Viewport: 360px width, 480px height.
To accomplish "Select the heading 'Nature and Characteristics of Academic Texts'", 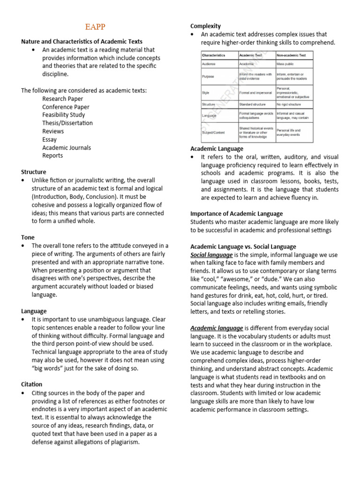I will tap(82, 42).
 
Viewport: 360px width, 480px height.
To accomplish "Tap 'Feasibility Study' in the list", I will tap(64, 115).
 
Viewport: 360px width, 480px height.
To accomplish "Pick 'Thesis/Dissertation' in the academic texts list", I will tap(67, 123).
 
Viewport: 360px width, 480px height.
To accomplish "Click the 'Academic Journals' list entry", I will tap(67, 148).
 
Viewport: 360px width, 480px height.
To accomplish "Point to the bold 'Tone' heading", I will tap(28, 238).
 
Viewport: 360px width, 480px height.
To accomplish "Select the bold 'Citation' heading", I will tap(32, 384).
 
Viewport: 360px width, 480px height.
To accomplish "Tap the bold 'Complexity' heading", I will tap(205, 26).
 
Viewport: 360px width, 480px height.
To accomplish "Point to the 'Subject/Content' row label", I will tap(214, 133).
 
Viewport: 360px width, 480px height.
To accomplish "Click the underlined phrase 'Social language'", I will tap(211, 255).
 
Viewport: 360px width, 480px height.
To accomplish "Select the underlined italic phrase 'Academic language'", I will tap(217, 328).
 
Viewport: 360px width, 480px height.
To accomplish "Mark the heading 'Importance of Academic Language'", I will tap(236, 214).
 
